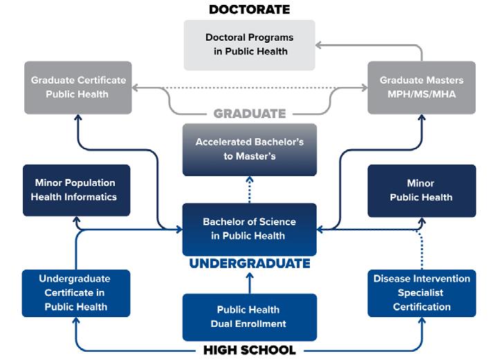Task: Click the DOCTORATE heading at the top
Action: tap(249, 10)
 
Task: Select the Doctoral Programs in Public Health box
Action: tap(249, 44)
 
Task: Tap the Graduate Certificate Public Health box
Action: tap(78, 87)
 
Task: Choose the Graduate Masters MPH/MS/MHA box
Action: tap(421, 87)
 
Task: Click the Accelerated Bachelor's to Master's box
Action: tap(249, 149)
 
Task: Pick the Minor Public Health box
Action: tap(421, 190)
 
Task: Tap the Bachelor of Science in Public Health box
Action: tap(249, 229)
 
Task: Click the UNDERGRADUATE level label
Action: tap(249, 263)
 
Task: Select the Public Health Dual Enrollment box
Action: tap(249, 316)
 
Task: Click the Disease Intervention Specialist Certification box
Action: tap(421, 293)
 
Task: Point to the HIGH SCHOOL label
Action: tap(249, 350)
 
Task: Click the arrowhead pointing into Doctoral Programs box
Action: tap(320, 45)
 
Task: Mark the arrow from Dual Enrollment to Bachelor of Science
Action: tap(249, 279)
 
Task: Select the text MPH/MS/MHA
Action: tap(421, 94)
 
